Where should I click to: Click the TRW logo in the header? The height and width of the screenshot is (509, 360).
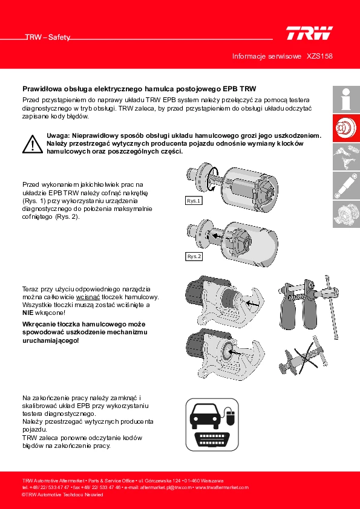pos(309,33)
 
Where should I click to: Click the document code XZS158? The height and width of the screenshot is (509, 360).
pos(319,56)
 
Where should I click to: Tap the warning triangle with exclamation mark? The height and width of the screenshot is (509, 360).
pos(33,144)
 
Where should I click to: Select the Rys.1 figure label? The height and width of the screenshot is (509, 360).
pos(194,201)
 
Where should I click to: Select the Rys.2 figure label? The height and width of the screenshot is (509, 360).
pos(194,256)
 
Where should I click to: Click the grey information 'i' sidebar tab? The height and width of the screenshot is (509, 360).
pos(346,99)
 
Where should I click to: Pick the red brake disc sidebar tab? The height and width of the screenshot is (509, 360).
pos(346,128)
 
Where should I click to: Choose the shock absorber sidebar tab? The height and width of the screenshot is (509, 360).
pos(346,186)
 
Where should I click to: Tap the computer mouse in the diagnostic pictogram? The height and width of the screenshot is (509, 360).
pos(231,418)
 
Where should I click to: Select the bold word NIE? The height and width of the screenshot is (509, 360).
pos(28,313)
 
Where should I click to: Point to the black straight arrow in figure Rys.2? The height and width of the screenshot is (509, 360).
pos(216,236)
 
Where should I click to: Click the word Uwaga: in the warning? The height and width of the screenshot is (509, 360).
pos(58,135)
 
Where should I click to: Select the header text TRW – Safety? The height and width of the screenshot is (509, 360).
pos(48,37)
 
